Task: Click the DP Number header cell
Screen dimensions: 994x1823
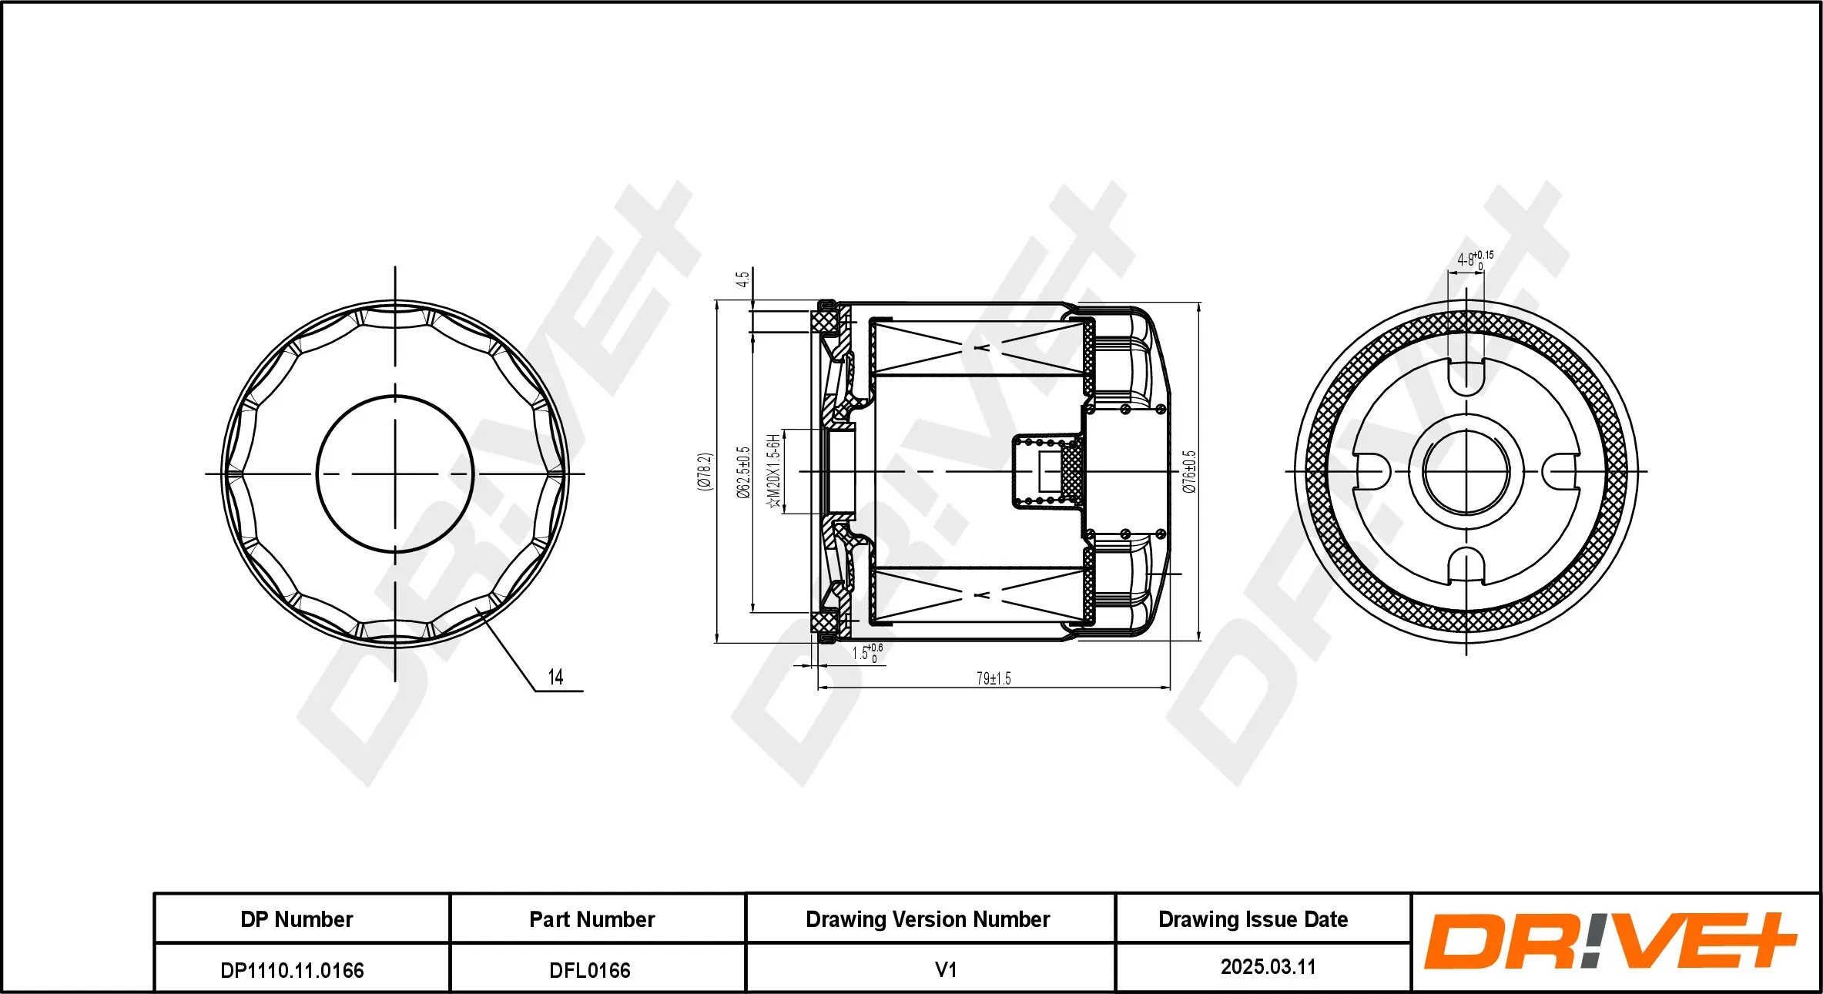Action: [297, 919]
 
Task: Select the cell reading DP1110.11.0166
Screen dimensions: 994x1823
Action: [292, 970]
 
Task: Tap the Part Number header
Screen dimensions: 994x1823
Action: [591, 919]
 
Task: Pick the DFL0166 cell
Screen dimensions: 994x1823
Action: [590, 970]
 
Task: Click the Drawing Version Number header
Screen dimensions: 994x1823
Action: [927, 919]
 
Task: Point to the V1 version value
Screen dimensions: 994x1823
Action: [945, 969]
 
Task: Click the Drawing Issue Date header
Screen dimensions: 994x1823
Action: [1253, 919]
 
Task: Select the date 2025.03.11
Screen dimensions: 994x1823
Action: [1268, 967]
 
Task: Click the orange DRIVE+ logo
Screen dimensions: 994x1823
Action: [1610, 941]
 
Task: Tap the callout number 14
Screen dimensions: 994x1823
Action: [555, 677]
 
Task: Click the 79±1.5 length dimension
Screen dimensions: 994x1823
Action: [994, 678]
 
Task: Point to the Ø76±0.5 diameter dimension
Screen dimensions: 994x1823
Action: [1189, 472]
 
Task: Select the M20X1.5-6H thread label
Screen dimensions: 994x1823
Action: [774, 471]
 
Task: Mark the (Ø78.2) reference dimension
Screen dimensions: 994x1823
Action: [705, 471]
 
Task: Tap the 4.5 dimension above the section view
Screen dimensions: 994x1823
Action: [742, 279]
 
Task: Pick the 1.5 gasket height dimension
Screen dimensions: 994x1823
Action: [867, 654]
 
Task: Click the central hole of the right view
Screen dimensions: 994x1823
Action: [1466, 472]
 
